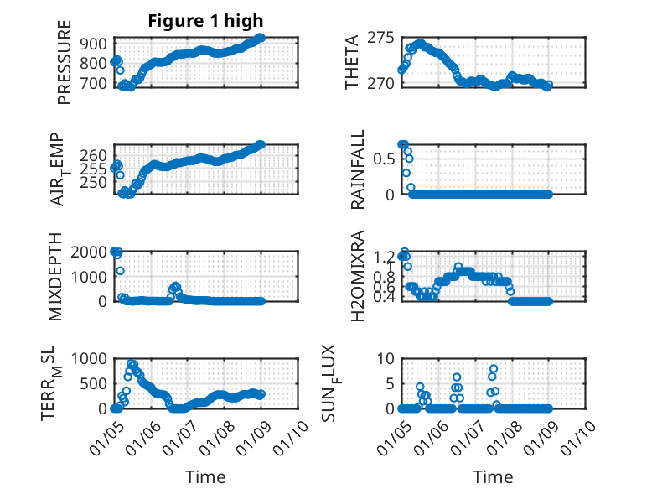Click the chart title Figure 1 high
point(205,21)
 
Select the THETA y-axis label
point(353,62)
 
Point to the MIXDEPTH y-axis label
point(57,276)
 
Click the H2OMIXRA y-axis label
point(357,276)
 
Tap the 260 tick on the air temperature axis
point(95,156)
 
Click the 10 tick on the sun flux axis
point(385,359)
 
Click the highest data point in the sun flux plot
point(494,368)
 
